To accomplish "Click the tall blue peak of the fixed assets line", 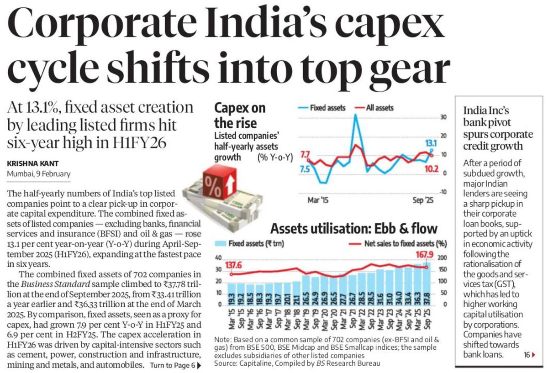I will coord(355,115).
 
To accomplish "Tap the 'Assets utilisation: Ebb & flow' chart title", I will coord(354,228).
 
